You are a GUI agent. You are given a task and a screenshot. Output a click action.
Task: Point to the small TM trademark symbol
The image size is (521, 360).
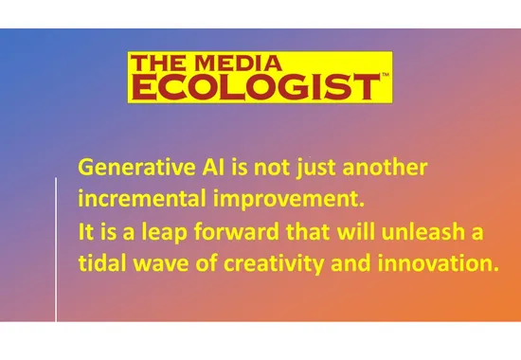[x=384, y=74]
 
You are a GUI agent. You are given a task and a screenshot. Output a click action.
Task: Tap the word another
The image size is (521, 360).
[x=386, y=169]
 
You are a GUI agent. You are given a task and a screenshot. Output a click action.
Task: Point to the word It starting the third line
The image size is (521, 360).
[x=85, y=231]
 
